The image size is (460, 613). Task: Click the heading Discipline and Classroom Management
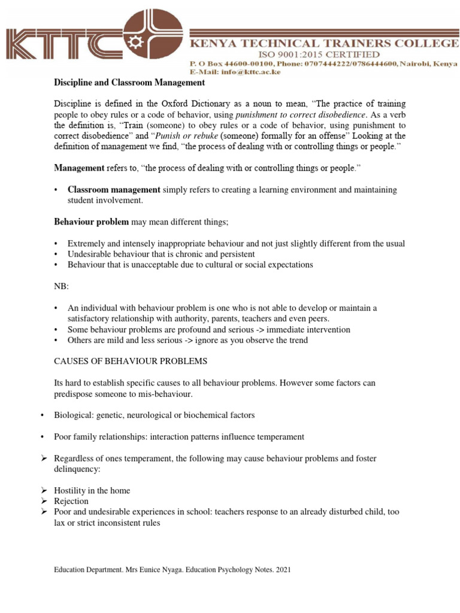129,82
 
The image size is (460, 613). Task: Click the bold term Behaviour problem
92,222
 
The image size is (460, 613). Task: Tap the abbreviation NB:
62,286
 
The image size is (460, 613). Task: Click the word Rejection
71,501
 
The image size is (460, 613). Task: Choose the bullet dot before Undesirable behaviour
56,254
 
